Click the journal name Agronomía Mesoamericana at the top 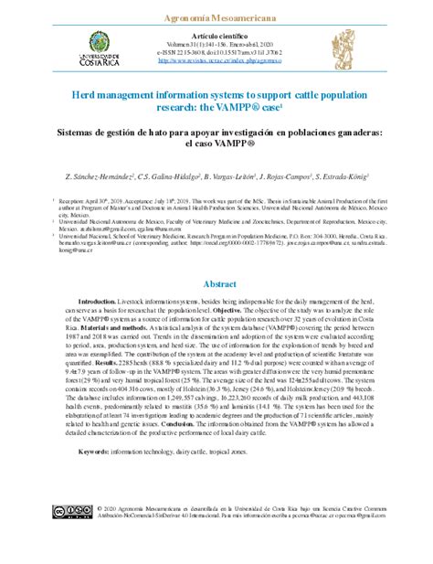click(216, 18)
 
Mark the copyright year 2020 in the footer click(108, 507)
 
